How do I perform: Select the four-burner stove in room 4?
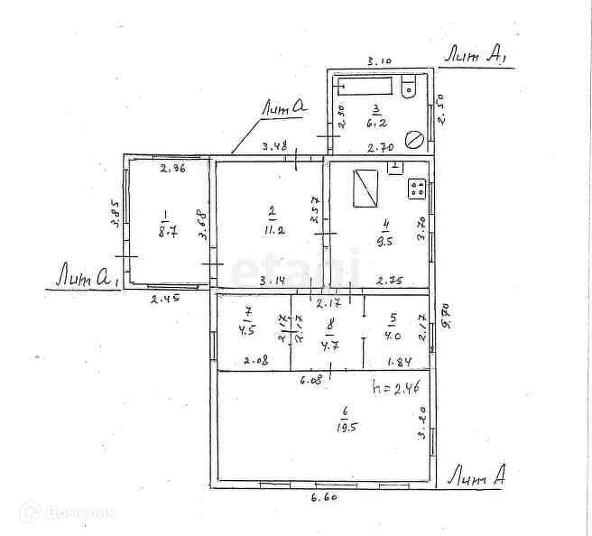(418, 189)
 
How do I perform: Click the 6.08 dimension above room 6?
(310, 382)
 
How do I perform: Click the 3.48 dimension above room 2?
(274, 147)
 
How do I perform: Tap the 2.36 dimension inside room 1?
(172, 168)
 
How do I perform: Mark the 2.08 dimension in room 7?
(255, 361)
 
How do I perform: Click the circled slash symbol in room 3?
(415, 139)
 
